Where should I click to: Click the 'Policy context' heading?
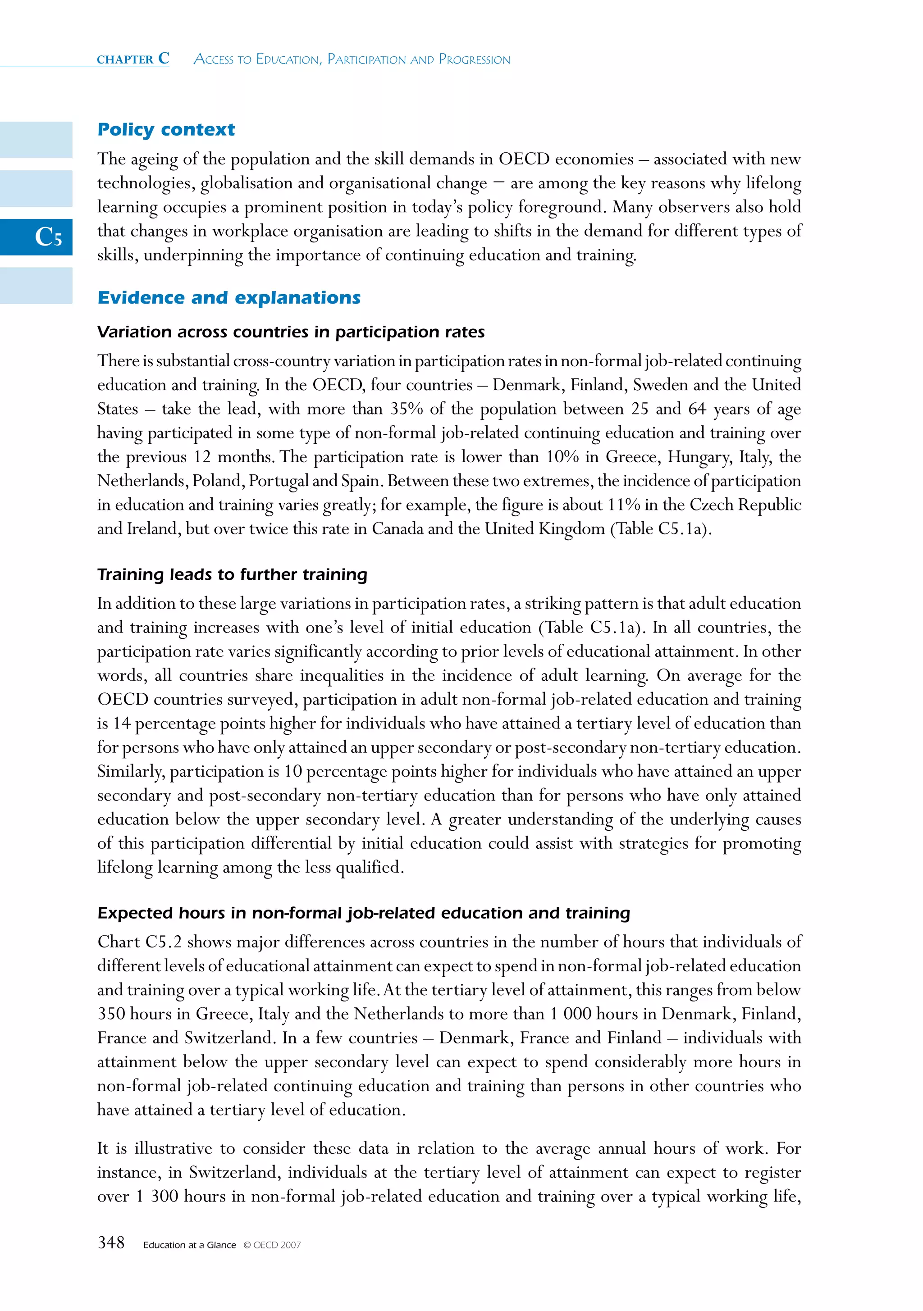[x=166, y=130]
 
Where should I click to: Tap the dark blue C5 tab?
[x=36, y=237]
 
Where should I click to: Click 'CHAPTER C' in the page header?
[x=133, y=59]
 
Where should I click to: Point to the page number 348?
[x=111, y=1243]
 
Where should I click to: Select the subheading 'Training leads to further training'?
[x=232, y=574]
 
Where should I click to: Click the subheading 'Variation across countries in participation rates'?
[x=291, y=332]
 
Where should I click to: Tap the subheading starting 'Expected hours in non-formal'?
[x=363, y=913]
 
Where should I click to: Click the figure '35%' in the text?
[x=406, y=409]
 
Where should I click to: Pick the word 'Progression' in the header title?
[x=474, y=59]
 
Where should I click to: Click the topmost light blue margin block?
[x=36, y=140]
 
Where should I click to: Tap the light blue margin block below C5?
[x=36, y=286]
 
